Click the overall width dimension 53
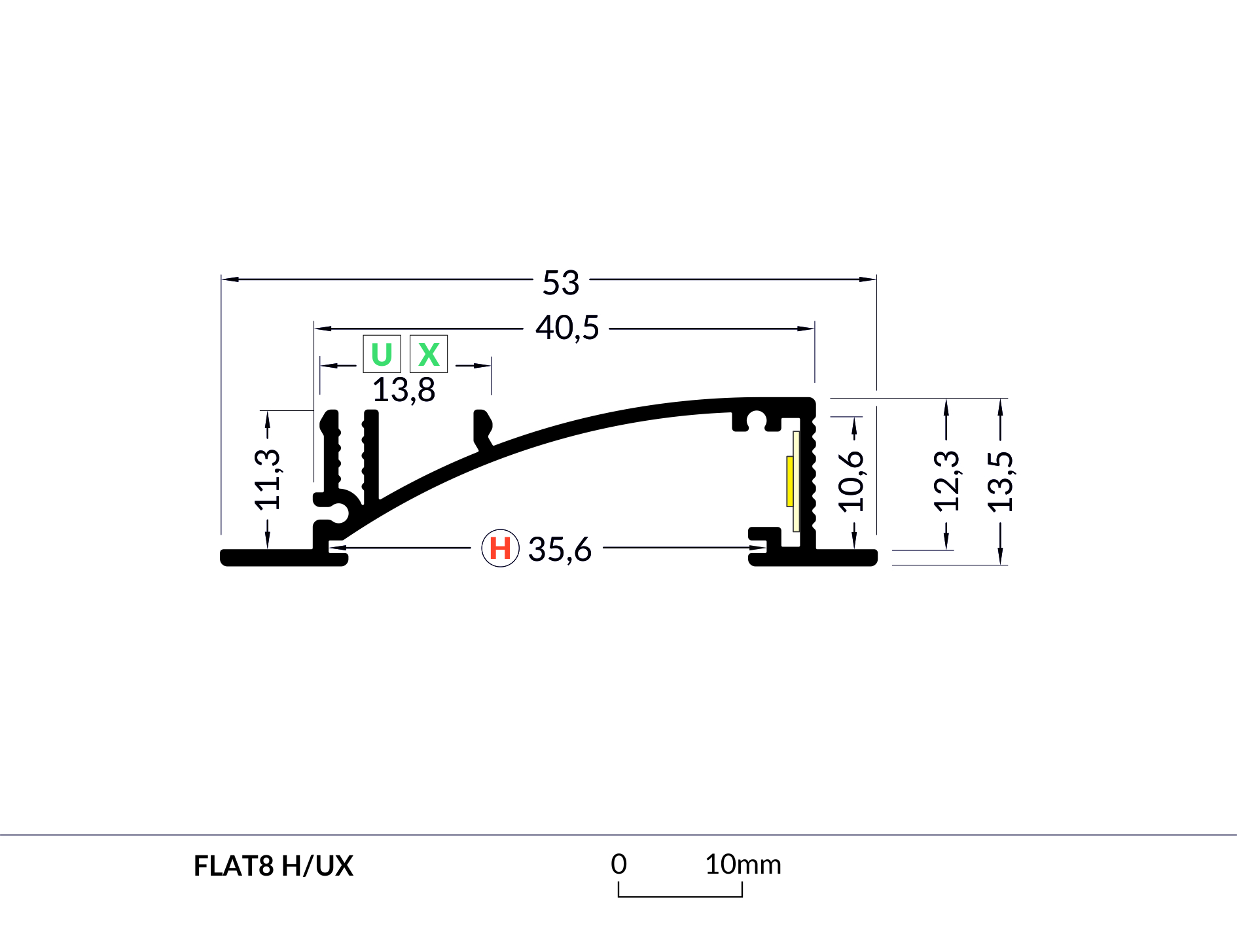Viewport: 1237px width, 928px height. (561, 283)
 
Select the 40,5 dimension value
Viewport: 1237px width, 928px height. (567, 327)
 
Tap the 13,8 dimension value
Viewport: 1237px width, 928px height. (404, 390)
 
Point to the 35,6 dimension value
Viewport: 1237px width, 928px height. (560, 549)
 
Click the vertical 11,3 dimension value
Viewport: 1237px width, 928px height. (267, 480)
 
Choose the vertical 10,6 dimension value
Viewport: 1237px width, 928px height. (851, 481)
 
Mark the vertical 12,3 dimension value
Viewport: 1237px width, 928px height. (946, 481)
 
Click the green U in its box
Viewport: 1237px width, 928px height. (382, 354)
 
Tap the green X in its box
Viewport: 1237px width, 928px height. (429, 354)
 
